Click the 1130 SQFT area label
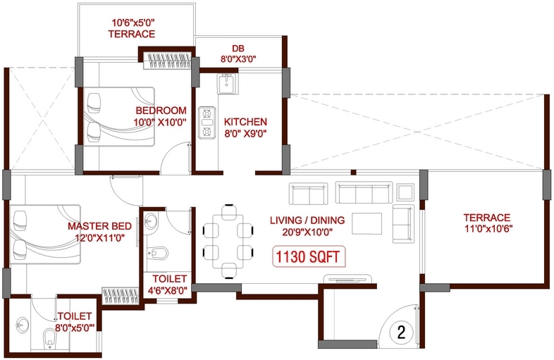(309, 256)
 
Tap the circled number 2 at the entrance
(401, 332)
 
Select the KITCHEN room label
(245, 122)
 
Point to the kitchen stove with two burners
(207, 123)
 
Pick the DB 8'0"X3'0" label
(238, 54)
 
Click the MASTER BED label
(99, 226)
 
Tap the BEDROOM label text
(161, 111)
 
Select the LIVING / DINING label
(307, 220)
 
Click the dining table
(228, 242)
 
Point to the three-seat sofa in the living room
(364, 192)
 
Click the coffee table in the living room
(367, 223)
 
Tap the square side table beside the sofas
(405, 192)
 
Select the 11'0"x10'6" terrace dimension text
(488, 228)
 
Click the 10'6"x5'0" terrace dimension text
(133, 23)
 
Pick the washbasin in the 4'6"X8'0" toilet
(151, 222)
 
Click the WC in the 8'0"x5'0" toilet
(50, 338)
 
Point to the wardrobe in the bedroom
(167, 61)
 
